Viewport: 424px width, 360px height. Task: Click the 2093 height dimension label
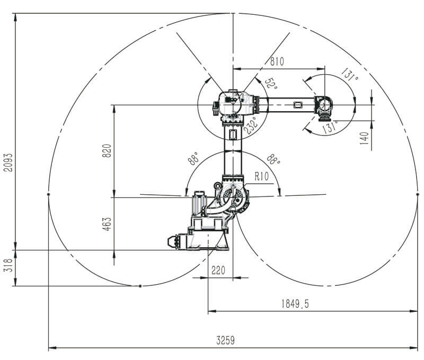(8, 163)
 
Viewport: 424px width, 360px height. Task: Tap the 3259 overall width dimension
(225, 340)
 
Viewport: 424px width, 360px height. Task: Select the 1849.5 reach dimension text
(295, 304)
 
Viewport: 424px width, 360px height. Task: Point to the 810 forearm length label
(277, 61)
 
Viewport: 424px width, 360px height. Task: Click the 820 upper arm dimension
(107, 151)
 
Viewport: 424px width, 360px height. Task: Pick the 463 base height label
(107, 224)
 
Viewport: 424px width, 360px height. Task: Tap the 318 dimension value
(8, 265)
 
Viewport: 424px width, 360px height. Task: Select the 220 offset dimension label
(218, 270)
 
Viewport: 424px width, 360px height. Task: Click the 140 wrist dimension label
(365, 138)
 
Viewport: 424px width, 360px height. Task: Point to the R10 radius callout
(261, 177)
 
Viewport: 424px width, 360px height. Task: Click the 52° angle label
(271, 84)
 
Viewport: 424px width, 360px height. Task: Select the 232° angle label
(251, 125)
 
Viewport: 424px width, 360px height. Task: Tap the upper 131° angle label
(349, 75)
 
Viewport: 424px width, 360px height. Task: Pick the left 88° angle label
(193, 158)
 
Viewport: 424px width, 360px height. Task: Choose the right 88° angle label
(273, 159)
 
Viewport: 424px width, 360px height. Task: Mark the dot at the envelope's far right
(417, 194)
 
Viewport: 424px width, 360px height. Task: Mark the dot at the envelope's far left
(48, 194)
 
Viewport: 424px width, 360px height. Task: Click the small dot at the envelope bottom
(140, 286)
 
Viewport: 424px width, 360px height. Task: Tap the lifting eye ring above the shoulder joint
(217, 186)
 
